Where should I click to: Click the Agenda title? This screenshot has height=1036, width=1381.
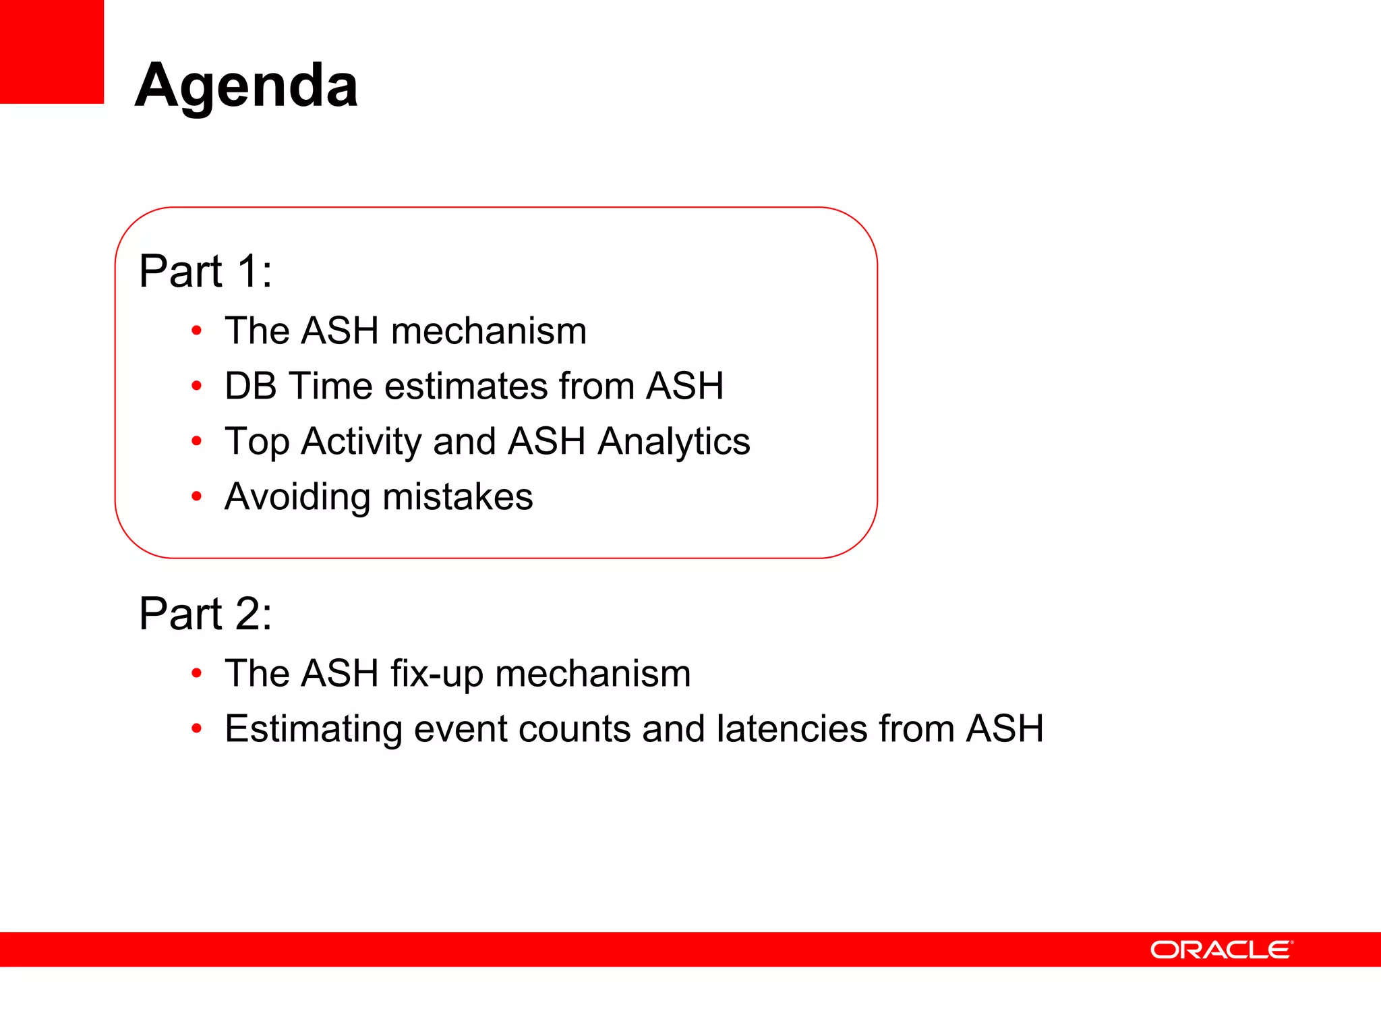click(246, 86)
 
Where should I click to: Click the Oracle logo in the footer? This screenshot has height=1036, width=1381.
click(1221, 950)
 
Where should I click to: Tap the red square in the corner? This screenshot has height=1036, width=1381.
click(51, 51)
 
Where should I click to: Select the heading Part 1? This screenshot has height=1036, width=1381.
click(206, 271)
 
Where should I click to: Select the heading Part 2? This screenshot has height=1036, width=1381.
click(206, 614)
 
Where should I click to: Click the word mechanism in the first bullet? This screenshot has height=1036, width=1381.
click(488, 331)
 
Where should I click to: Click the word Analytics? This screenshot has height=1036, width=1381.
click(674, 442)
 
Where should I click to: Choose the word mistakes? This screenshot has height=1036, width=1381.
click(458, 497)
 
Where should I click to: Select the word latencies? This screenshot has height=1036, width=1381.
click(792, 729)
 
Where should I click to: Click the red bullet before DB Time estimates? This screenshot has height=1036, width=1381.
click(196, 386)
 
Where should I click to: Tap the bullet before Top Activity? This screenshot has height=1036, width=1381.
click(196, 442)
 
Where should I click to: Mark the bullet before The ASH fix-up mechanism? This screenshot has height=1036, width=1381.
click(196, 673)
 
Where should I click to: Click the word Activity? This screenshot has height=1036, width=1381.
click(361, 442)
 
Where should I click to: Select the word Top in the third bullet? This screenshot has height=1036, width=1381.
click(257, 442)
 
